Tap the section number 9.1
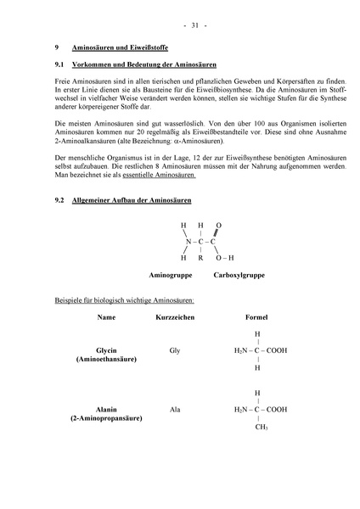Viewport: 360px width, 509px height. pos(59,64)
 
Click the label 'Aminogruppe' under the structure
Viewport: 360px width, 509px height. pos(170,276)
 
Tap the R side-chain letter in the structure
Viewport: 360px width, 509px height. pos(200,256)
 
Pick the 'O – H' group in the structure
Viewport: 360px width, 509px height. pos(225,256)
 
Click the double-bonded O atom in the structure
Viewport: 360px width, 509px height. pos(219,226)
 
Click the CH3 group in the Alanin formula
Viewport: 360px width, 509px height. pos(261,428)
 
